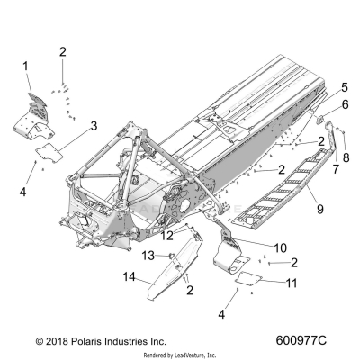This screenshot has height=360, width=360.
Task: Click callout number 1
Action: [x=25, y=66]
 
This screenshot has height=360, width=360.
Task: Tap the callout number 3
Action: [x=93, y=127]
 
